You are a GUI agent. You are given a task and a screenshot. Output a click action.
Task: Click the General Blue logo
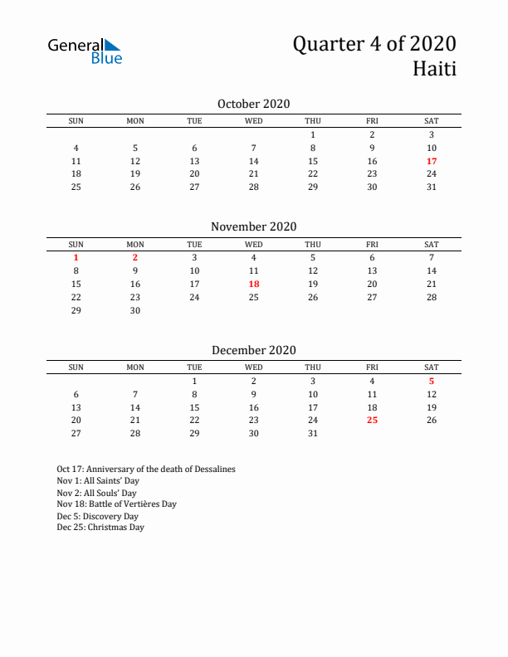(x=85, y=51)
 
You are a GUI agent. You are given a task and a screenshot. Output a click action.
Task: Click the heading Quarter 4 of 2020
(x=374, y=44)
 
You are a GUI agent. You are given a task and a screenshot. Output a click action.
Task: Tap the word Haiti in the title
(x=434, y=69)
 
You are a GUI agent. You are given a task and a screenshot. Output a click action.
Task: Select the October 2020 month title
(x=253, y=104)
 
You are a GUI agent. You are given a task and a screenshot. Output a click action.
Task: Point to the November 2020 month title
(x=253, y=226)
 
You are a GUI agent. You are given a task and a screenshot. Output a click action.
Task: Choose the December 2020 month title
(x=253, y=350)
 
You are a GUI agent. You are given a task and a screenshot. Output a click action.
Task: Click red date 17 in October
(x=432, y=161)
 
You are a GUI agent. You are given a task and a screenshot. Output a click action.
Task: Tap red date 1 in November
(x=76, y=257)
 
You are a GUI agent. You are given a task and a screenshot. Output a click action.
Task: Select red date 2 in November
(x=135, y=257)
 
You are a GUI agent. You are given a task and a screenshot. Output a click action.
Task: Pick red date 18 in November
(x=254, y=284)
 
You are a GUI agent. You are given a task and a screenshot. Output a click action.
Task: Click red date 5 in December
(x=432, y=381)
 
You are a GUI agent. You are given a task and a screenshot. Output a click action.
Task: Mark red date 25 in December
(x=372, y=421)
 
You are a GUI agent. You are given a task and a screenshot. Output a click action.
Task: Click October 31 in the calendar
(x=432, y=187)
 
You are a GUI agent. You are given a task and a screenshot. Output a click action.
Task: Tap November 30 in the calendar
(x=135, y=310)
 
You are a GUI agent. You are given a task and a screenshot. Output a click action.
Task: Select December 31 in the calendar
(x=313, y=433)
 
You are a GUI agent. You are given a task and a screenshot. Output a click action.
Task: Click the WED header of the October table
(x=254, y=121)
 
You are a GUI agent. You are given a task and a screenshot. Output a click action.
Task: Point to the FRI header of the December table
(x=372, y=367)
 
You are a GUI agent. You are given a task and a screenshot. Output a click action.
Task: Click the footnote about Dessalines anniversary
(x=146, y=469)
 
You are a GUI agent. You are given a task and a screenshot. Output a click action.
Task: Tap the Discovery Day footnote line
(x=97, y=515)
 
